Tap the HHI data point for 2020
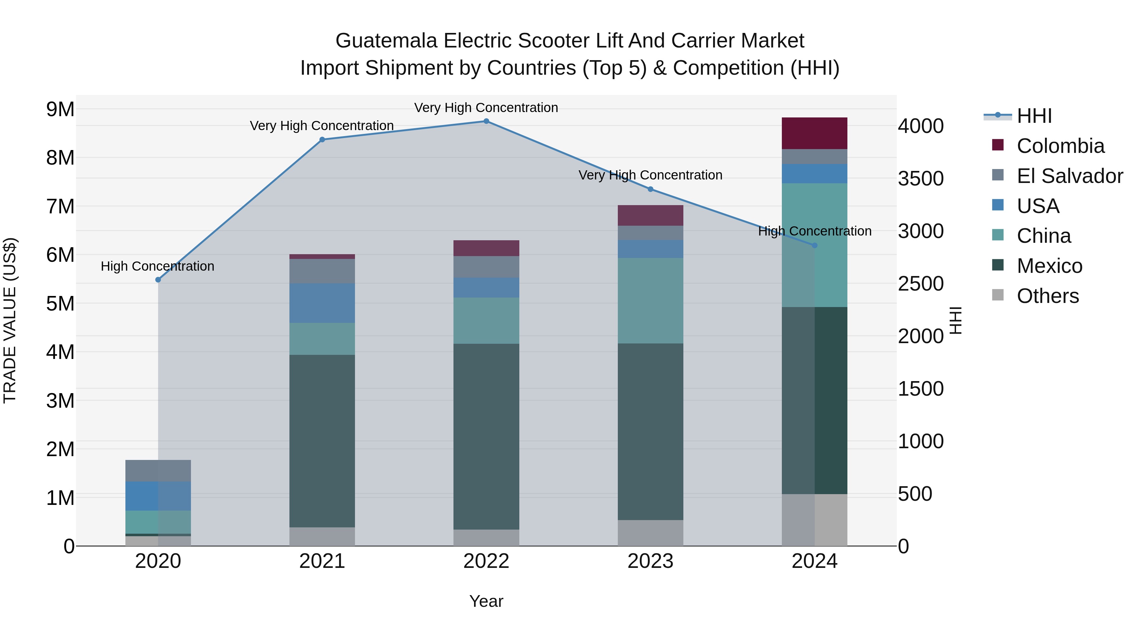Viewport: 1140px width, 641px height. tap(158, 280)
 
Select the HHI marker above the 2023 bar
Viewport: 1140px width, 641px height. tap(650, 189)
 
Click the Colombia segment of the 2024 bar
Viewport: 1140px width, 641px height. tap(814, 133)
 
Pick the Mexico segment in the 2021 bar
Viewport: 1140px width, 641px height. tap(322, 441)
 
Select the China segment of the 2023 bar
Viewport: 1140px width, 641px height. tap(650, 300)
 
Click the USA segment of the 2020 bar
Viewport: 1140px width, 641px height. tap(158, 496)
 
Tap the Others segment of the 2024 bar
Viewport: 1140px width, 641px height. tap(814, 520)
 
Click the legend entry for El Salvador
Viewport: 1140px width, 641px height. tap(1069, 176)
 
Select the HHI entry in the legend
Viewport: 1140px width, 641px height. tap(1034, 116)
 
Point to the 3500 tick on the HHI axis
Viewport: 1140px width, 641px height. tap(921, 179)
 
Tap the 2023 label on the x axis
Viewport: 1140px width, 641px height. tap(650, 561)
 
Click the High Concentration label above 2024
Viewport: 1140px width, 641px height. tap(814, 231)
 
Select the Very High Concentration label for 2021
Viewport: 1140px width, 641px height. tap(322, 126)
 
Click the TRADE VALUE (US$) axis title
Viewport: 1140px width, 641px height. tap(10, 320)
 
